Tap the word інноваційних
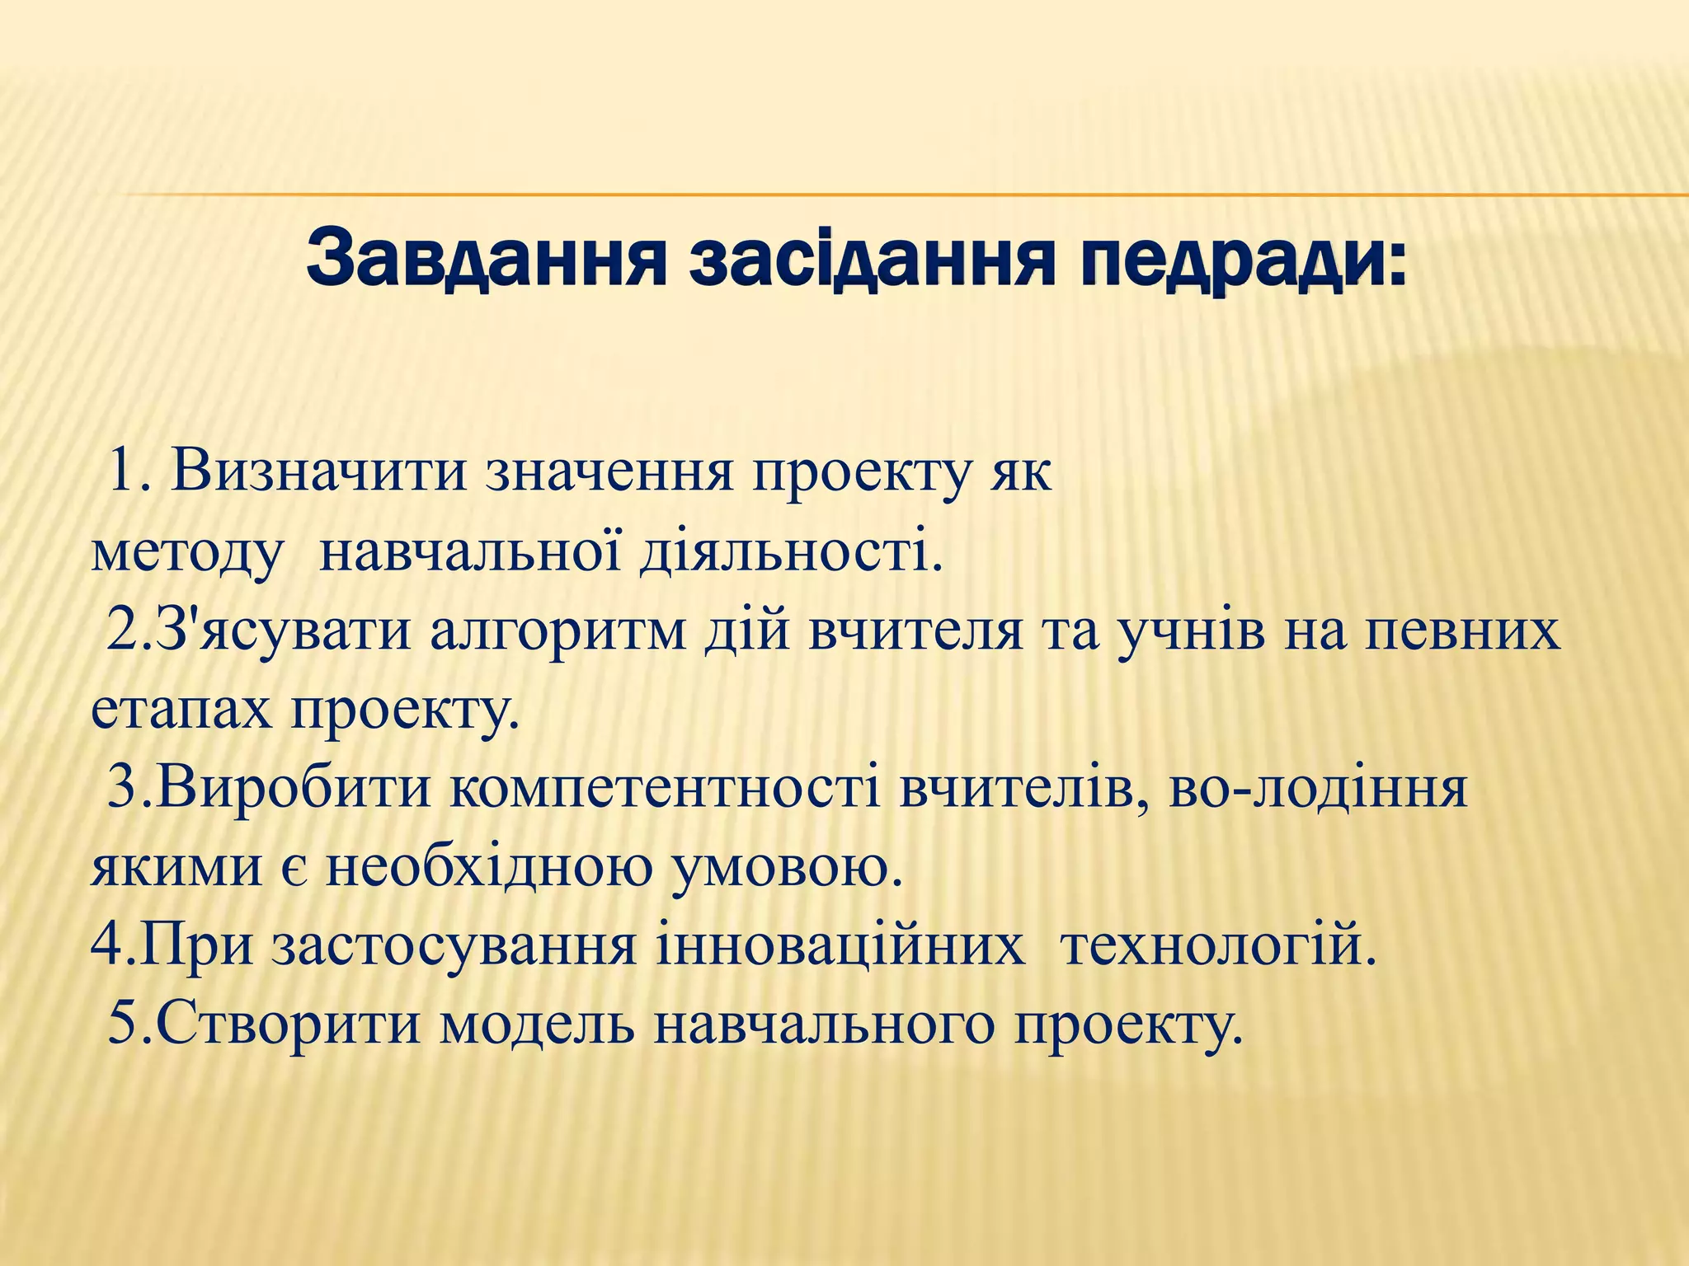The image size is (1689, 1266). [841, 945]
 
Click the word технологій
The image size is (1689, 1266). [1218, 945]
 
